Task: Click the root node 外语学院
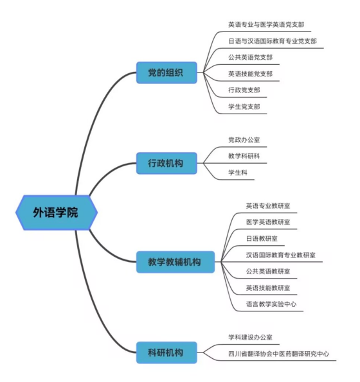click(57, 213)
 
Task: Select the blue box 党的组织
click(166, 73)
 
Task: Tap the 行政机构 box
click(166, 163)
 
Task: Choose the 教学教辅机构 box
click(175, 262)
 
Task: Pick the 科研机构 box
click(166, 352)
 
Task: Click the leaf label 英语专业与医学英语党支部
click(266, 24)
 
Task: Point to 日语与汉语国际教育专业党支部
click(273, 41)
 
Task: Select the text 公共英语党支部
click(250, 57)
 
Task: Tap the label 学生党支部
click(244, 107)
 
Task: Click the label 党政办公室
click(244, 139)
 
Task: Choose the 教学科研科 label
click(244, 156)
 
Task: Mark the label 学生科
click(238, 173)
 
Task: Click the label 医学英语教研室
click(268, 222)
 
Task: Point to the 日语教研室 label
click(262, 238)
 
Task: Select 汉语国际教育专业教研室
click(280, 255)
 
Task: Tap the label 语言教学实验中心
click(271, 304)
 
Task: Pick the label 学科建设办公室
click(250, 337)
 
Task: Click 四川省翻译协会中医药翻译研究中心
click(278, 354)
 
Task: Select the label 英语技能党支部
click(250, 74)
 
